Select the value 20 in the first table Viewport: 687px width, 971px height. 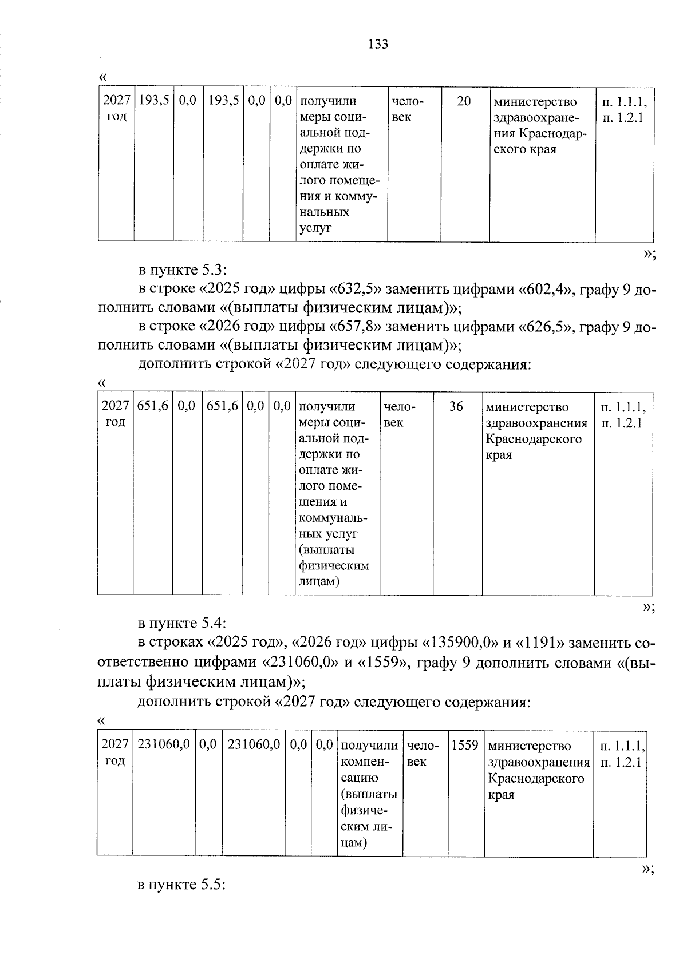464,101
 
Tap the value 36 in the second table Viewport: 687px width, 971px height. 456,406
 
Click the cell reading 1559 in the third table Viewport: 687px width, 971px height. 465,746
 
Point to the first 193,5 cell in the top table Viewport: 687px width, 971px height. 154,101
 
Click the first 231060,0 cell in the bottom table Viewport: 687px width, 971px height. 164,745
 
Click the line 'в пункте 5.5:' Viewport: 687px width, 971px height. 182,885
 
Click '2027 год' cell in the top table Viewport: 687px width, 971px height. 116,109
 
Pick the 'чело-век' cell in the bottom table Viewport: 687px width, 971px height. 423,754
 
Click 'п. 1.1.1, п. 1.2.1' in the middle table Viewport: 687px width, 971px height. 623,415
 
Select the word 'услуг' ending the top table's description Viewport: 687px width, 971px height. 315,229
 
